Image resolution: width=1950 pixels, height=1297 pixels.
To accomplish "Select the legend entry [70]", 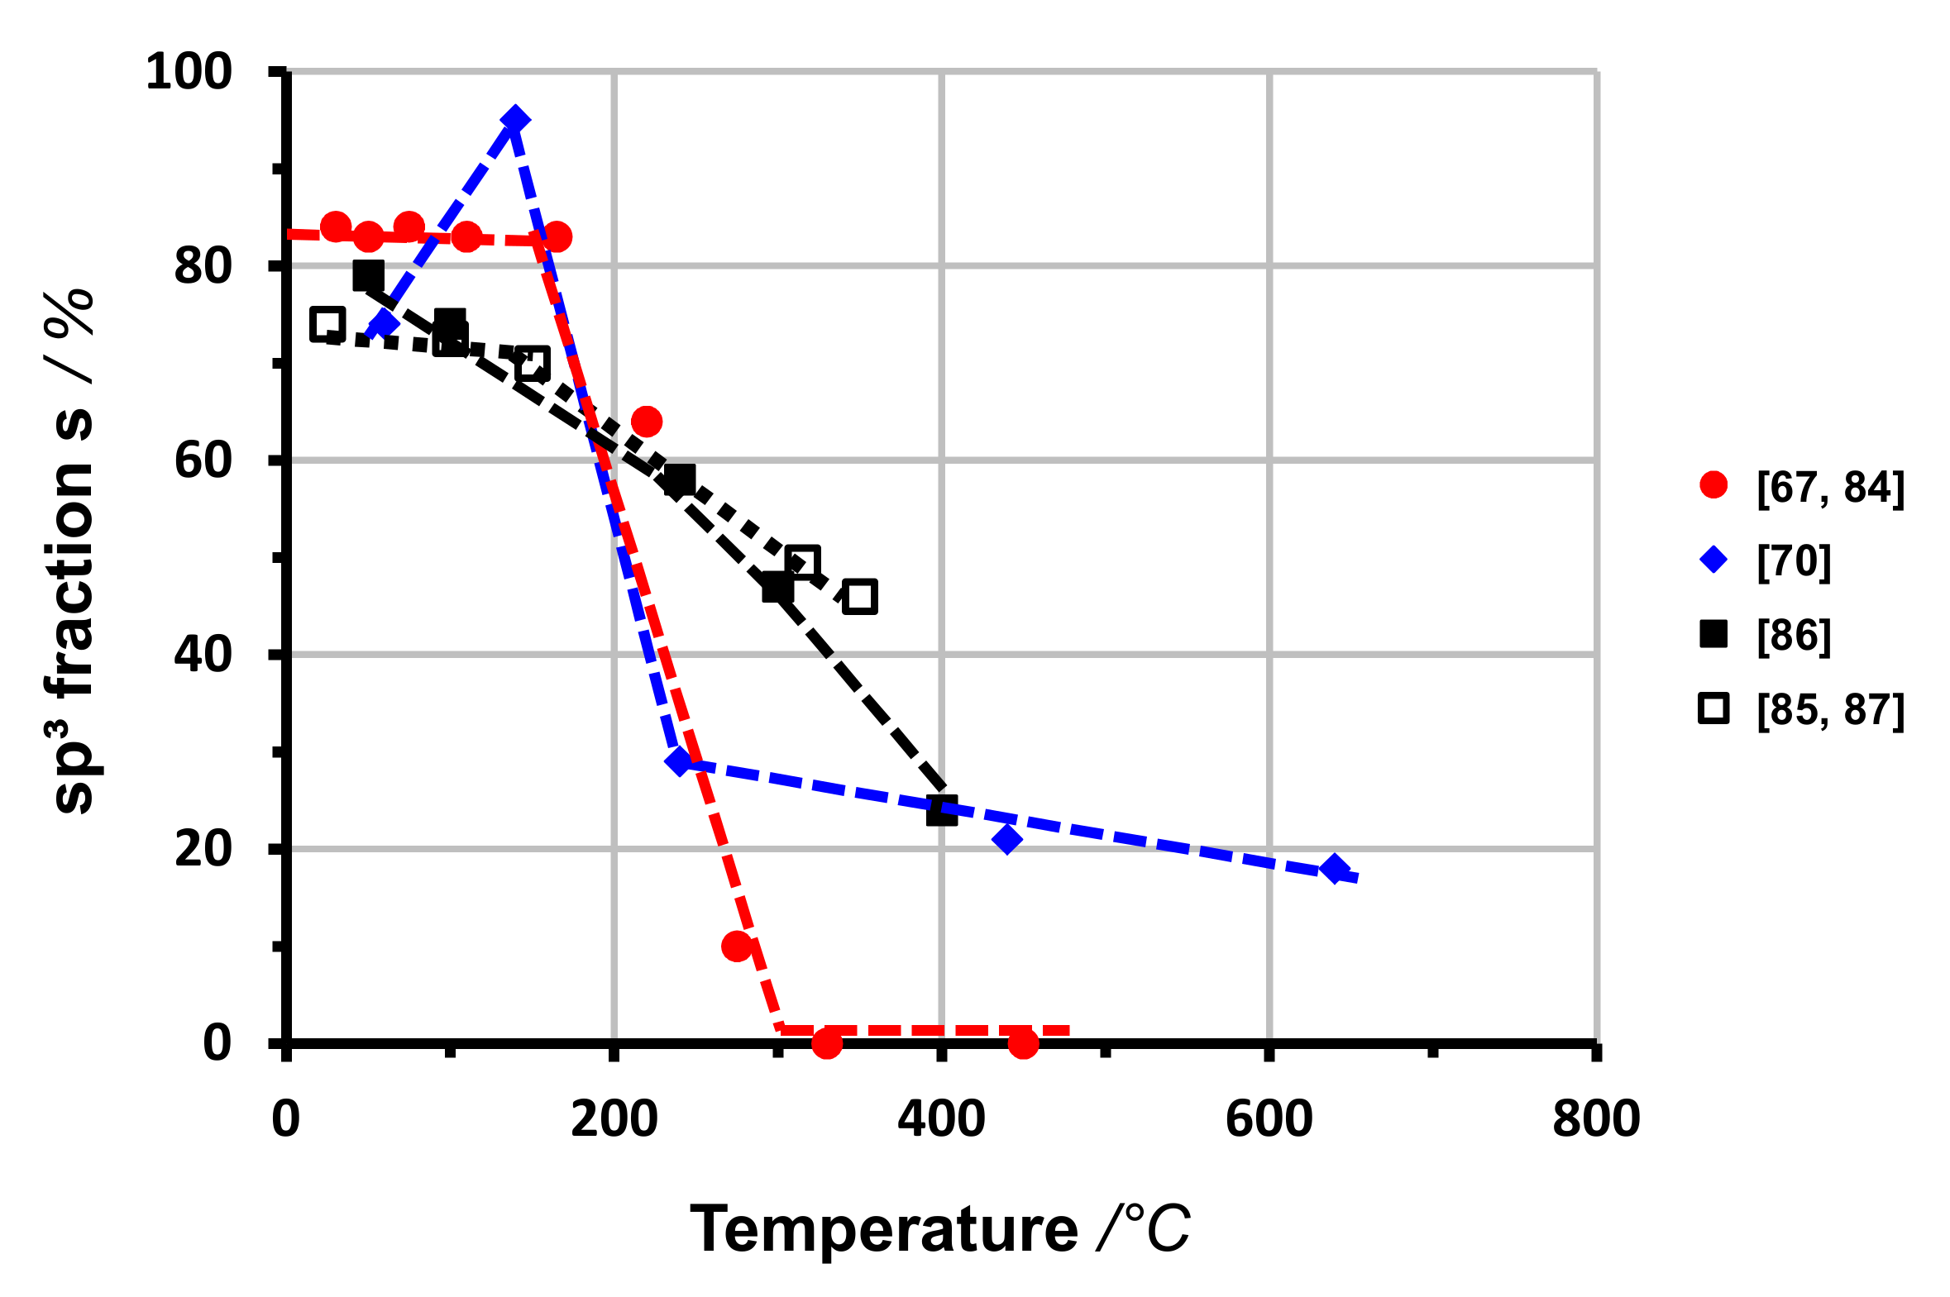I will click(x=1795, y=560).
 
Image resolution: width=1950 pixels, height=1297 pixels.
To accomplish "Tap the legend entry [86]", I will click(x=1795, y=635).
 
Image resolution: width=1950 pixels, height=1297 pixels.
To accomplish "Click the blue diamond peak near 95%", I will click(x=515, y=120).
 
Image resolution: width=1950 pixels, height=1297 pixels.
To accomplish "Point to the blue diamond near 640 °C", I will click(x=1335, y=869).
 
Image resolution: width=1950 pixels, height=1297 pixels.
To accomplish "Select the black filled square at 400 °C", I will click(x=941, y=811).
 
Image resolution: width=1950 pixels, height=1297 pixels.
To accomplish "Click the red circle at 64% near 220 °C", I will click(x=646, y=422).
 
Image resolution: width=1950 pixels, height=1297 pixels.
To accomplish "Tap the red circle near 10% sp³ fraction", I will click(x=736, y=947).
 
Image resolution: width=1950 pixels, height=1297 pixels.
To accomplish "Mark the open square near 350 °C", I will click(x=859, y=597).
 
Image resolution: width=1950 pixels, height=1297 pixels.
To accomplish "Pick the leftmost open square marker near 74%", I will click(x=327, y=324).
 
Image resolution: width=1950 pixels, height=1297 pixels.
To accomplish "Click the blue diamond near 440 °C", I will click(x=1007, y=840).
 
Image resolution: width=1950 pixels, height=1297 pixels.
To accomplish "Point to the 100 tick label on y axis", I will click(x=189, y=72).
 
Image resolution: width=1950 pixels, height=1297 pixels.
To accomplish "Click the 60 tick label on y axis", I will click(x=203, y=460).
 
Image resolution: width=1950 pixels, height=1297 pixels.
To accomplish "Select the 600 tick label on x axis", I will click(x=1269, y=1119).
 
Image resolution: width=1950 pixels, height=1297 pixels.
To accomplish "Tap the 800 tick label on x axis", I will click(x=1596, y=1119).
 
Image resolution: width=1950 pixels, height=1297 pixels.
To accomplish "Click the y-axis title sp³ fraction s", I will click(x=73, y=550).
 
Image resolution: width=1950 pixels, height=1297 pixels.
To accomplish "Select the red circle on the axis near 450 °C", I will click(x=1024, y=1043).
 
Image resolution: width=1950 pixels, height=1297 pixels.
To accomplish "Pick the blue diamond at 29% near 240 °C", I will click(x=679, y=761).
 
